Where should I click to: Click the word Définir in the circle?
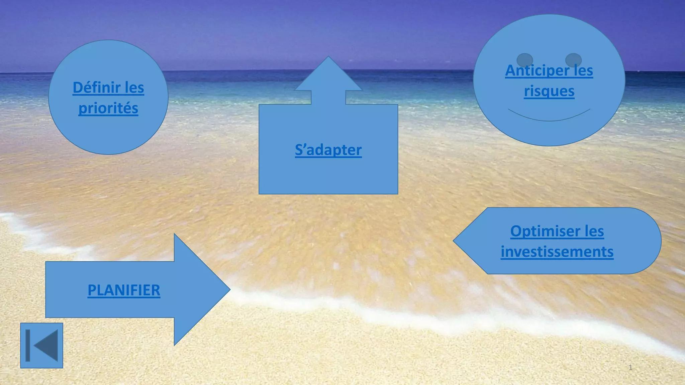(x=97, y=88)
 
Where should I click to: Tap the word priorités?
(x=108, y=108)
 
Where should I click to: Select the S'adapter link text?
(x=328, y=150)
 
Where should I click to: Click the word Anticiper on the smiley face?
(x=537, y=71)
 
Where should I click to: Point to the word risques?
(x=549, y=91)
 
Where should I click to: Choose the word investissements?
(x=557, y=252)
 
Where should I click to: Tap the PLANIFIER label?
(x=124, y=290)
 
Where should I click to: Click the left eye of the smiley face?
(x=524, y=60)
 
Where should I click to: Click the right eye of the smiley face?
(x=573, y=60)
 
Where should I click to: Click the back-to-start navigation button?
(x=41, y=346)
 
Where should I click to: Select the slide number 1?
(x=630, y=368)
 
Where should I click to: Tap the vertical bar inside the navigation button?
(x=28, y=346)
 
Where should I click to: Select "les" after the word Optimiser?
(x=594, y=231)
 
